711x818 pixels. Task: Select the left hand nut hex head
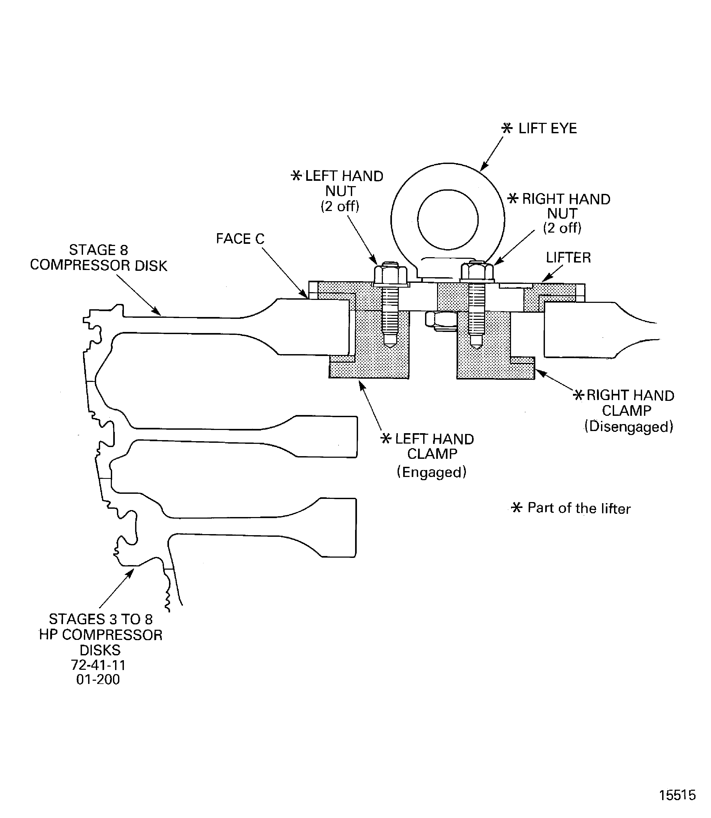(x=390, y=273)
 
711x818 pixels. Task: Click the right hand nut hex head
(x=477, y=272)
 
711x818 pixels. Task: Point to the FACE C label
(x=240, y=238)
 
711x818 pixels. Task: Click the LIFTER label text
(x=568, y=258)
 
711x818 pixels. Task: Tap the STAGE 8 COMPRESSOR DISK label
(x=99, y=258)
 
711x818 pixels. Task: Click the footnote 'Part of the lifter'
(x=579, y=508)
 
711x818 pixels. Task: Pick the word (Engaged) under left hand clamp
(x=432, y=472)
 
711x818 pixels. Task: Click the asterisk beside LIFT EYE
(x=507, y=128)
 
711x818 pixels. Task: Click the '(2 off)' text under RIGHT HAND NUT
(x=562, y=228)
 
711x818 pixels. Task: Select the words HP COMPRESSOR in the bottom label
(x=101, y=635)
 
